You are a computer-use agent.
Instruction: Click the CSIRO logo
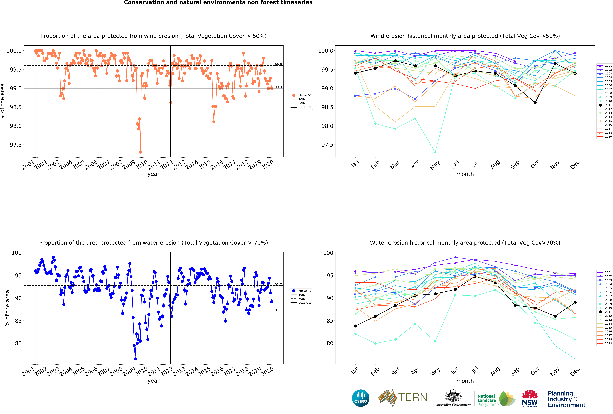pyautogui.click(x=361, y=398)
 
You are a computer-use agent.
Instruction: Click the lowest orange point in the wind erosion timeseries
pyautogui.click(x=140, y=152)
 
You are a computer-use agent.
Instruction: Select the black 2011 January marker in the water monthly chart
pyautogui.click(x=355, y=326)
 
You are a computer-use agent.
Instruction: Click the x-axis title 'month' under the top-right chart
pyautogui.click(x=465, y=174)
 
